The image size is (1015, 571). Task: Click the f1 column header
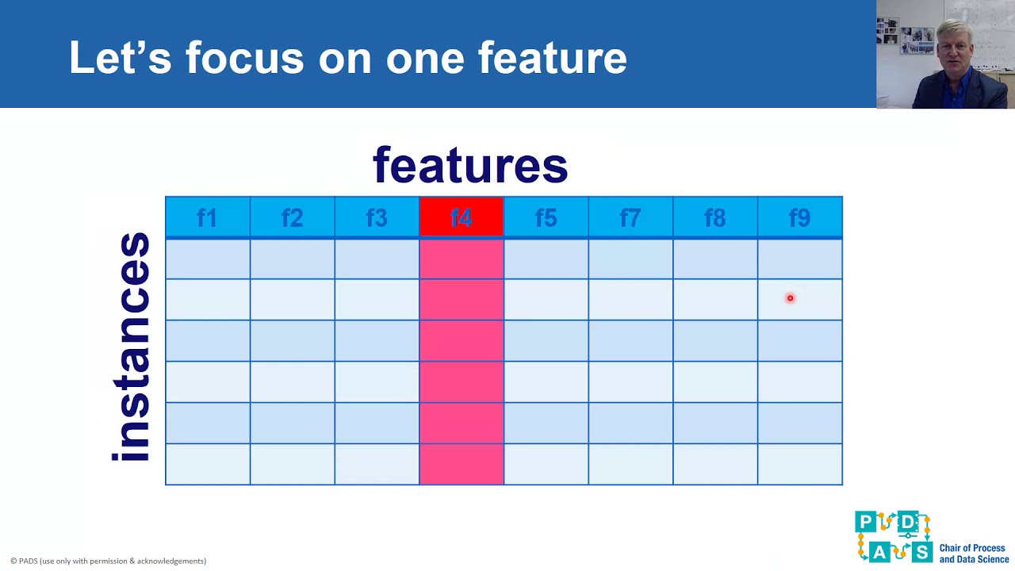[207, 217]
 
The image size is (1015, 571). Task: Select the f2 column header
[292, 217]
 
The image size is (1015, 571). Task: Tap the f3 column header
[377, 217]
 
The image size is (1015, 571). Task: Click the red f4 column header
[462, 217]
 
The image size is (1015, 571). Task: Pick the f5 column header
[546, 217]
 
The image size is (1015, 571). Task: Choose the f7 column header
[630, 217]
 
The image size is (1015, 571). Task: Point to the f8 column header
[715, 217]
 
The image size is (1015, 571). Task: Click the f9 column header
[799, 217]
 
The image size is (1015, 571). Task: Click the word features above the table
[470, 165]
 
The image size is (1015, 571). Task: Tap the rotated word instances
[132, 347]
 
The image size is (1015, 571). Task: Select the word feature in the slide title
[552, 58]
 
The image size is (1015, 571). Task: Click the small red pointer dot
[790, 298]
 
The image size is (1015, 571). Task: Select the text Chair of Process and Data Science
[974, 554]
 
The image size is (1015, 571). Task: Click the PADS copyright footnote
[108, 561]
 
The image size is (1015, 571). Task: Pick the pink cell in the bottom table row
[462, 464]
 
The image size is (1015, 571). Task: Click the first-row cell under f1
[207, 259]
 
